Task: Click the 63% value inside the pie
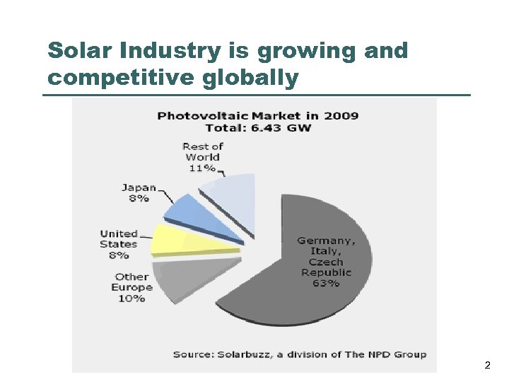click(326, 283)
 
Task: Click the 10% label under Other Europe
click(131, 299)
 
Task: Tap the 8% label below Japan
click(139, 199)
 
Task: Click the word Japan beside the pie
click(139, 187)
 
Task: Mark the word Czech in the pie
click(326, 262)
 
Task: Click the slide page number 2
click(487, 366)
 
